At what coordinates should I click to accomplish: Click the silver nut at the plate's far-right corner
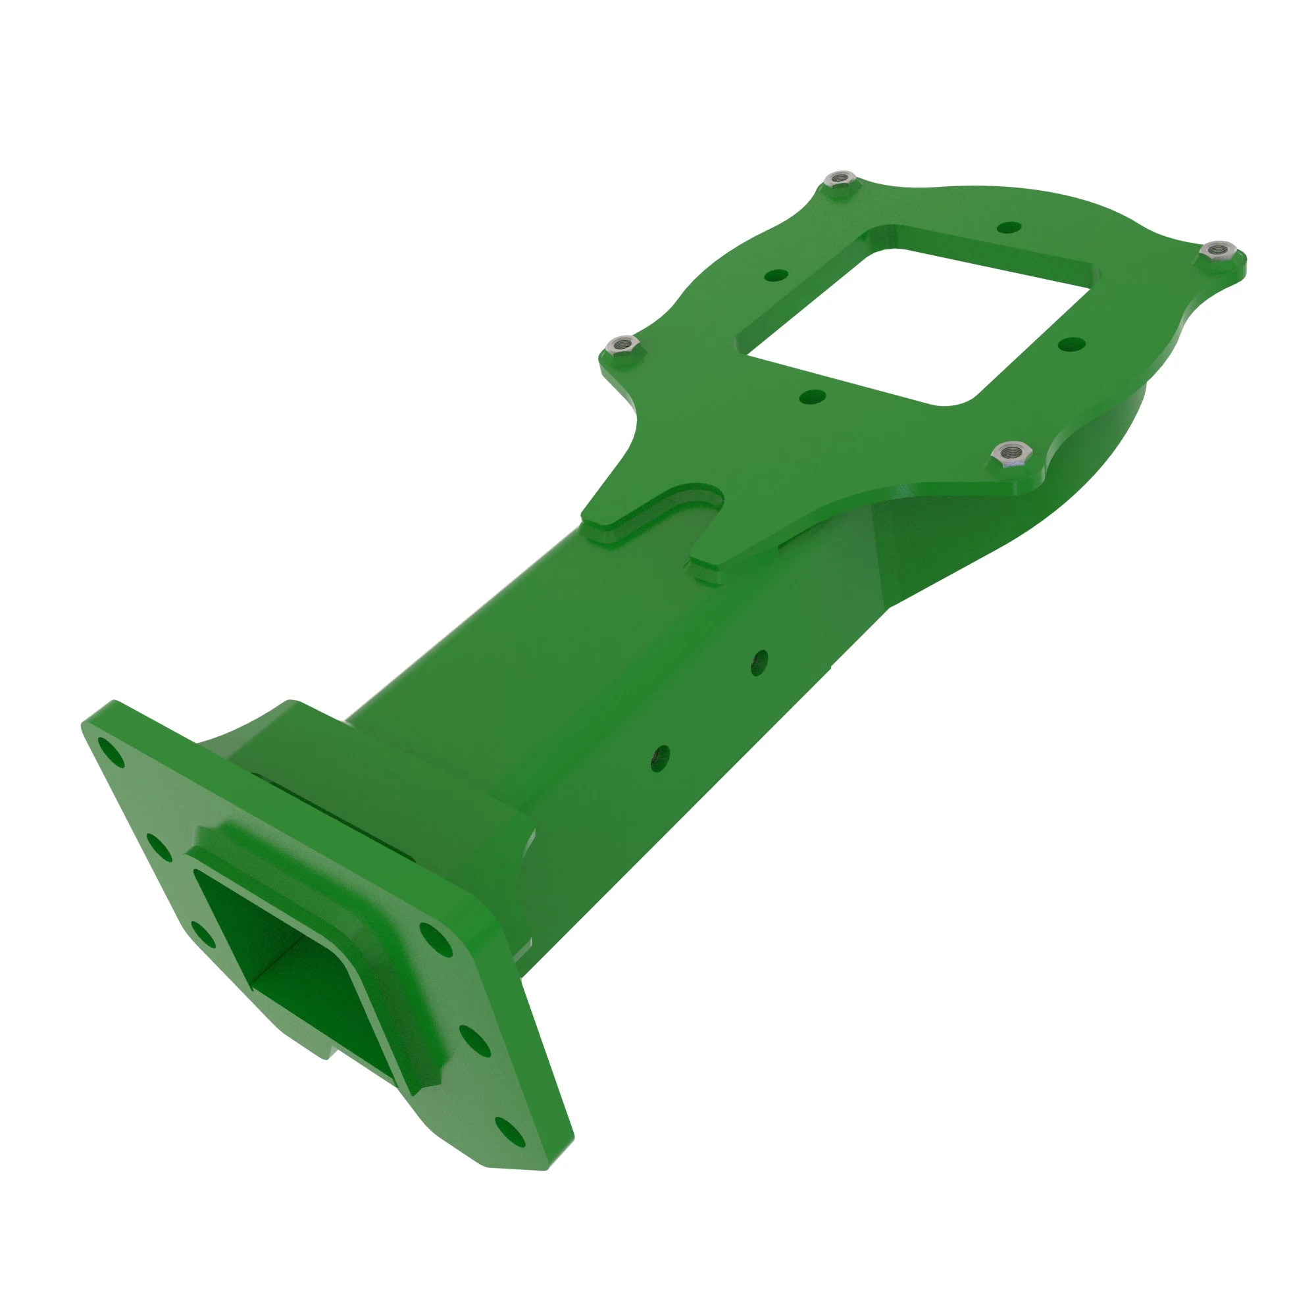(x=1219, y=249)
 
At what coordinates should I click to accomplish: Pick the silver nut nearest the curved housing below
(x=1011, y=451)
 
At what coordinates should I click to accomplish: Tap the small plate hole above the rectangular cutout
(x=1009, y=228)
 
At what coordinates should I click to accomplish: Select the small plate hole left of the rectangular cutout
(x=776, y=276)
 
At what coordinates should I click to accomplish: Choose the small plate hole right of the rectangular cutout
(x=1071, y=343)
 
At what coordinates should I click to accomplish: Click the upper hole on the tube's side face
(x=760, y=661)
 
